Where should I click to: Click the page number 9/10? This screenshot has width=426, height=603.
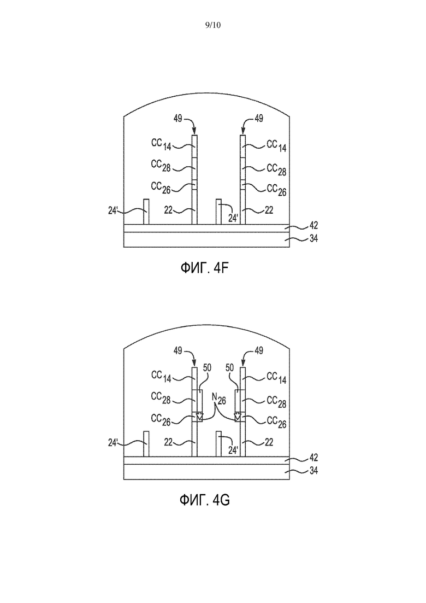point(213,25)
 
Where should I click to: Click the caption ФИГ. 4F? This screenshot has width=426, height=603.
point(204,268)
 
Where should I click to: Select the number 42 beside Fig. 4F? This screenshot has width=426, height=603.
point(313,225)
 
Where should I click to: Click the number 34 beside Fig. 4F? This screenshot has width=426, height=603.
point(313,238)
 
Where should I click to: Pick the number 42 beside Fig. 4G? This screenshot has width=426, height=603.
point(313,457)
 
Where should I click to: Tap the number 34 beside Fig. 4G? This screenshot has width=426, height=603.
point(313,471)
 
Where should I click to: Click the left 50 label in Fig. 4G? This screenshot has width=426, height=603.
point(207,367)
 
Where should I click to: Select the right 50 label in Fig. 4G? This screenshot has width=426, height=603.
point(230,367)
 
